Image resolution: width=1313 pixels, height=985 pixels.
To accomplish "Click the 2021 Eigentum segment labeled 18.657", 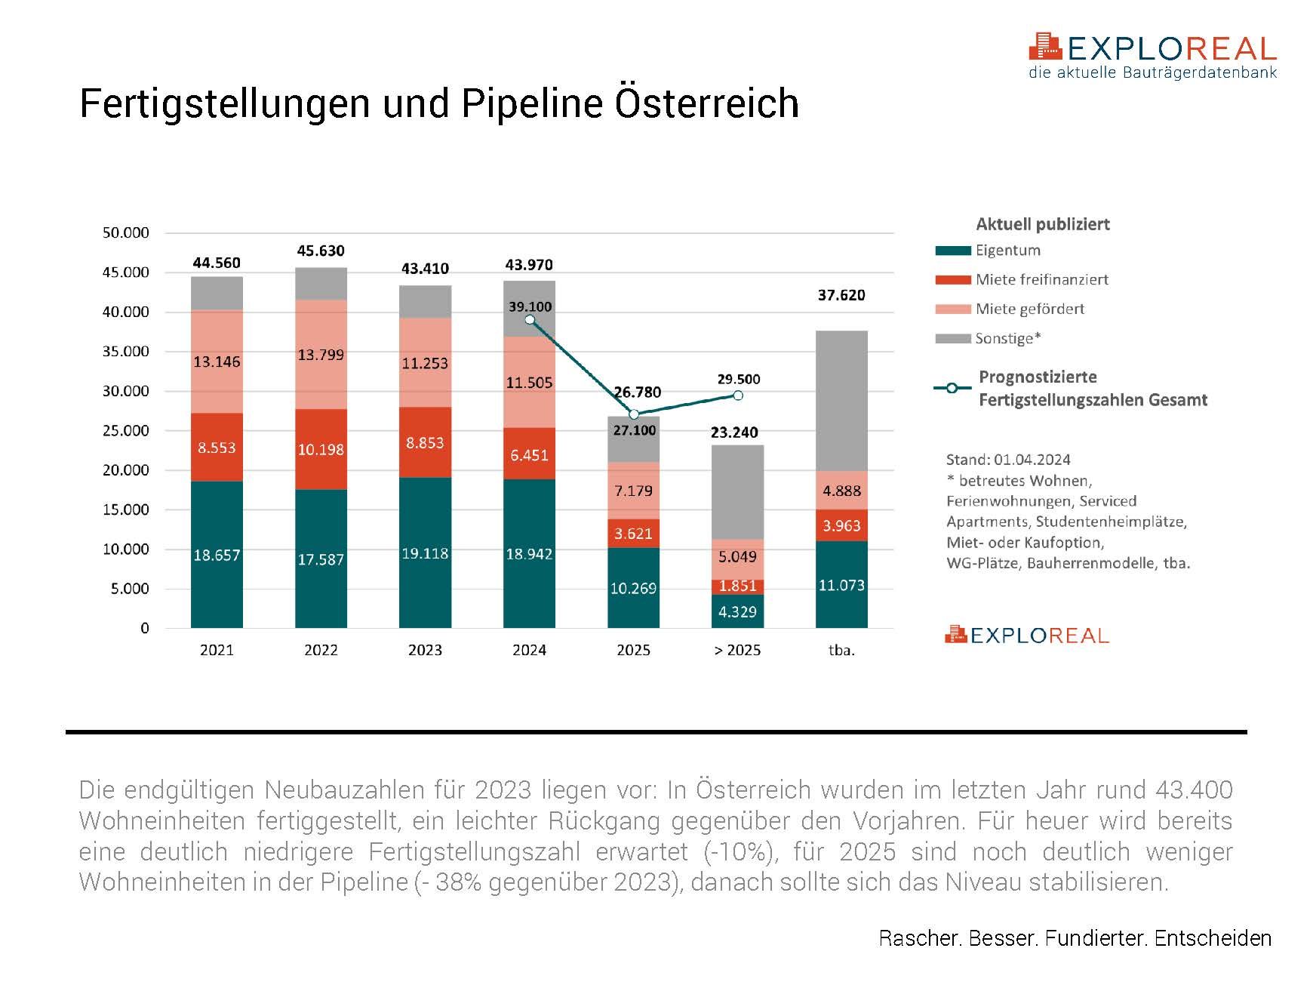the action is [x=217, y=555].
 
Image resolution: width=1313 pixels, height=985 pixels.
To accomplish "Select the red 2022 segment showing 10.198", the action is [x=321, y=450].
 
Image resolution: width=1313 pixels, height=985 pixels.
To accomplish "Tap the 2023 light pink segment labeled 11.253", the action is [x=425, y=363].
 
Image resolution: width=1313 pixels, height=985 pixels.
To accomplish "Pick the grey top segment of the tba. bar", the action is [x=841, y=401].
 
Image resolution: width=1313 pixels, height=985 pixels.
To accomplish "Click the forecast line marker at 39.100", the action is [x=530, y=320].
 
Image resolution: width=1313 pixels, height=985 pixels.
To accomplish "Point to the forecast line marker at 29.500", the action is [x=738, y=396].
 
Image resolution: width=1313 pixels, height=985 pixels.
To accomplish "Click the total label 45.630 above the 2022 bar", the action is [x=321, y=251].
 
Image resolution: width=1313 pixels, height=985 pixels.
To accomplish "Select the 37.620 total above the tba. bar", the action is [x=841, y=295].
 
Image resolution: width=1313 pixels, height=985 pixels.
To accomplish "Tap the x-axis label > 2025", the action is [x=737, y=651].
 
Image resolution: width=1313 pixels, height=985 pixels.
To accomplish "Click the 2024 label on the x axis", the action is [x=529, y=651].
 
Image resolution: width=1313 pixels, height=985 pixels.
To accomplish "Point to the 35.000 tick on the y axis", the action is [x=126, y=352].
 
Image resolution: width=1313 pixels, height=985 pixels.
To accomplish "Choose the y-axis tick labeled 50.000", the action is [x=126, y=233].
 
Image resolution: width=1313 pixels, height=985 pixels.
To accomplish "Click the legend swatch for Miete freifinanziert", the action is [x=952, y=280].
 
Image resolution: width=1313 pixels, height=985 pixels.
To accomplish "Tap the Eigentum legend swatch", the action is [x=952, y=251].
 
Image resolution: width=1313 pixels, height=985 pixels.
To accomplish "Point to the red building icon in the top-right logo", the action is [x=1045, y=46].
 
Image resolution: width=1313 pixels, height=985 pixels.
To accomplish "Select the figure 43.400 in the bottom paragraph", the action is [x=1194, y=790].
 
